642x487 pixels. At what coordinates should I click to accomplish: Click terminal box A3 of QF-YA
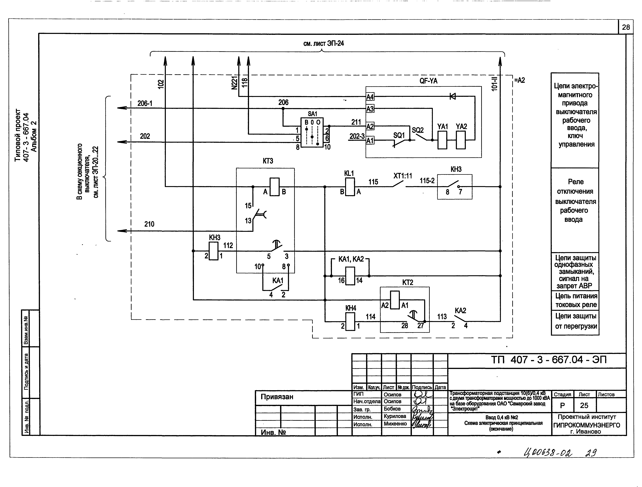[370, 109]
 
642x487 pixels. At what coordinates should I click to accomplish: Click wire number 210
[149, 224]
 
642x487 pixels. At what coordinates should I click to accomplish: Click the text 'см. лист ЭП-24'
[323, 44]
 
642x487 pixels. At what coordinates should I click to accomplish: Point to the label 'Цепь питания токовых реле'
[576, 300]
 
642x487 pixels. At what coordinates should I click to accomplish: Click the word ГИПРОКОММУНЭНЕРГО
[587, 425]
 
